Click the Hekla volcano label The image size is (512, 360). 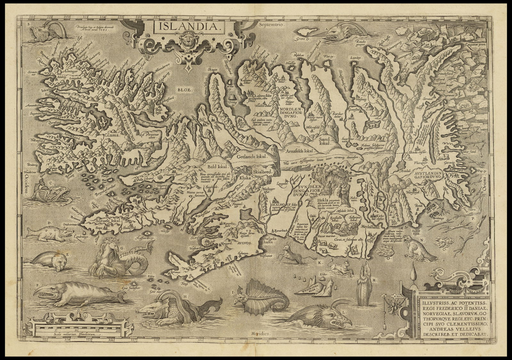pyautogui.click(x=323, y=201)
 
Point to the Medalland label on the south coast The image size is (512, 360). pyautogui.click(x=370, y=226)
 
